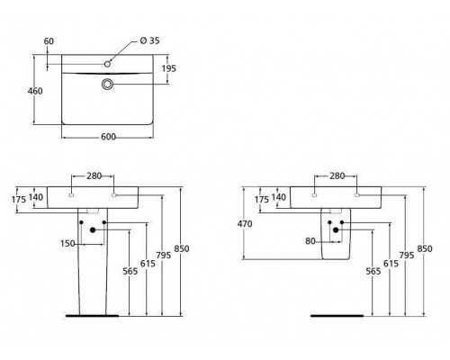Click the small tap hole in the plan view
pos(108,62)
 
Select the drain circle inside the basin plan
pos(109,83)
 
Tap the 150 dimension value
pos(67,244)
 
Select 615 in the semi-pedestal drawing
pos(387,266)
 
